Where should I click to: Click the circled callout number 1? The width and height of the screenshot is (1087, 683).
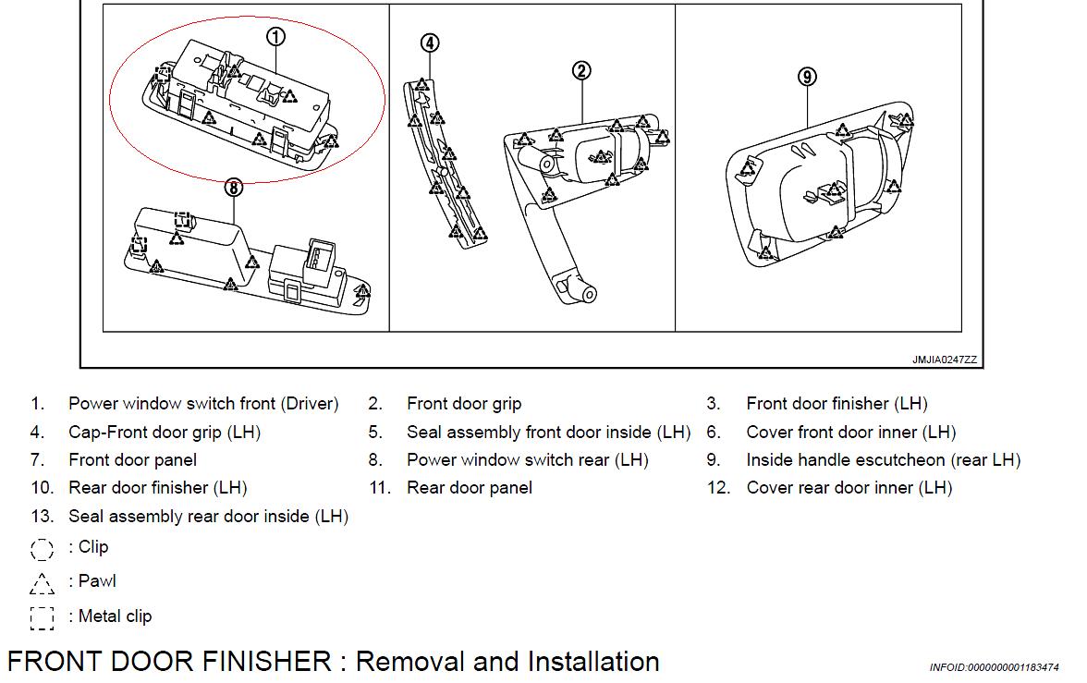coord(276,37)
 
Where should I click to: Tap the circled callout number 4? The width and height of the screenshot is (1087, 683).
coord(429,43)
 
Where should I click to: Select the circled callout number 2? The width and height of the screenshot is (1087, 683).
coord(581,70)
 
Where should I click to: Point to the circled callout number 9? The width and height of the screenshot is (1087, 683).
coord(808,77)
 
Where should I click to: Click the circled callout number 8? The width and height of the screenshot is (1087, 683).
coord(234,188)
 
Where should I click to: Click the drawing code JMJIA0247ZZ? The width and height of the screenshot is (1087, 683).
coord(944,360)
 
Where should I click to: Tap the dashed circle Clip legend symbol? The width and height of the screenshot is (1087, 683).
coord(43,549)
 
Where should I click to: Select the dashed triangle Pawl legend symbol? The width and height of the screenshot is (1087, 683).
coord(43,582)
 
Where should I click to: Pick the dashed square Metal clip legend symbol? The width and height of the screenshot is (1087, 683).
coord(43,617)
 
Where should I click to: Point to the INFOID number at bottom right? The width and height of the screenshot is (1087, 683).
coord(994,667)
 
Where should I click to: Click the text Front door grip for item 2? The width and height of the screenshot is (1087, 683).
coord(464,404)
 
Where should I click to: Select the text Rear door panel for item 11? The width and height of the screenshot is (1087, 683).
coord(470,488)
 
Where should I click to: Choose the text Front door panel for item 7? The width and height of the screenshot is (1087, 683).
coord(132,460)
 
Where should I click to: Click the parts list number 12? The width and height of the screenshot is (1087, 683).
coord(718,488)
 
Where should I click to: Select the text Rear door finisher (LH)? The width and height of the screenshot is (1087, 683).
coord(157,488)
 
